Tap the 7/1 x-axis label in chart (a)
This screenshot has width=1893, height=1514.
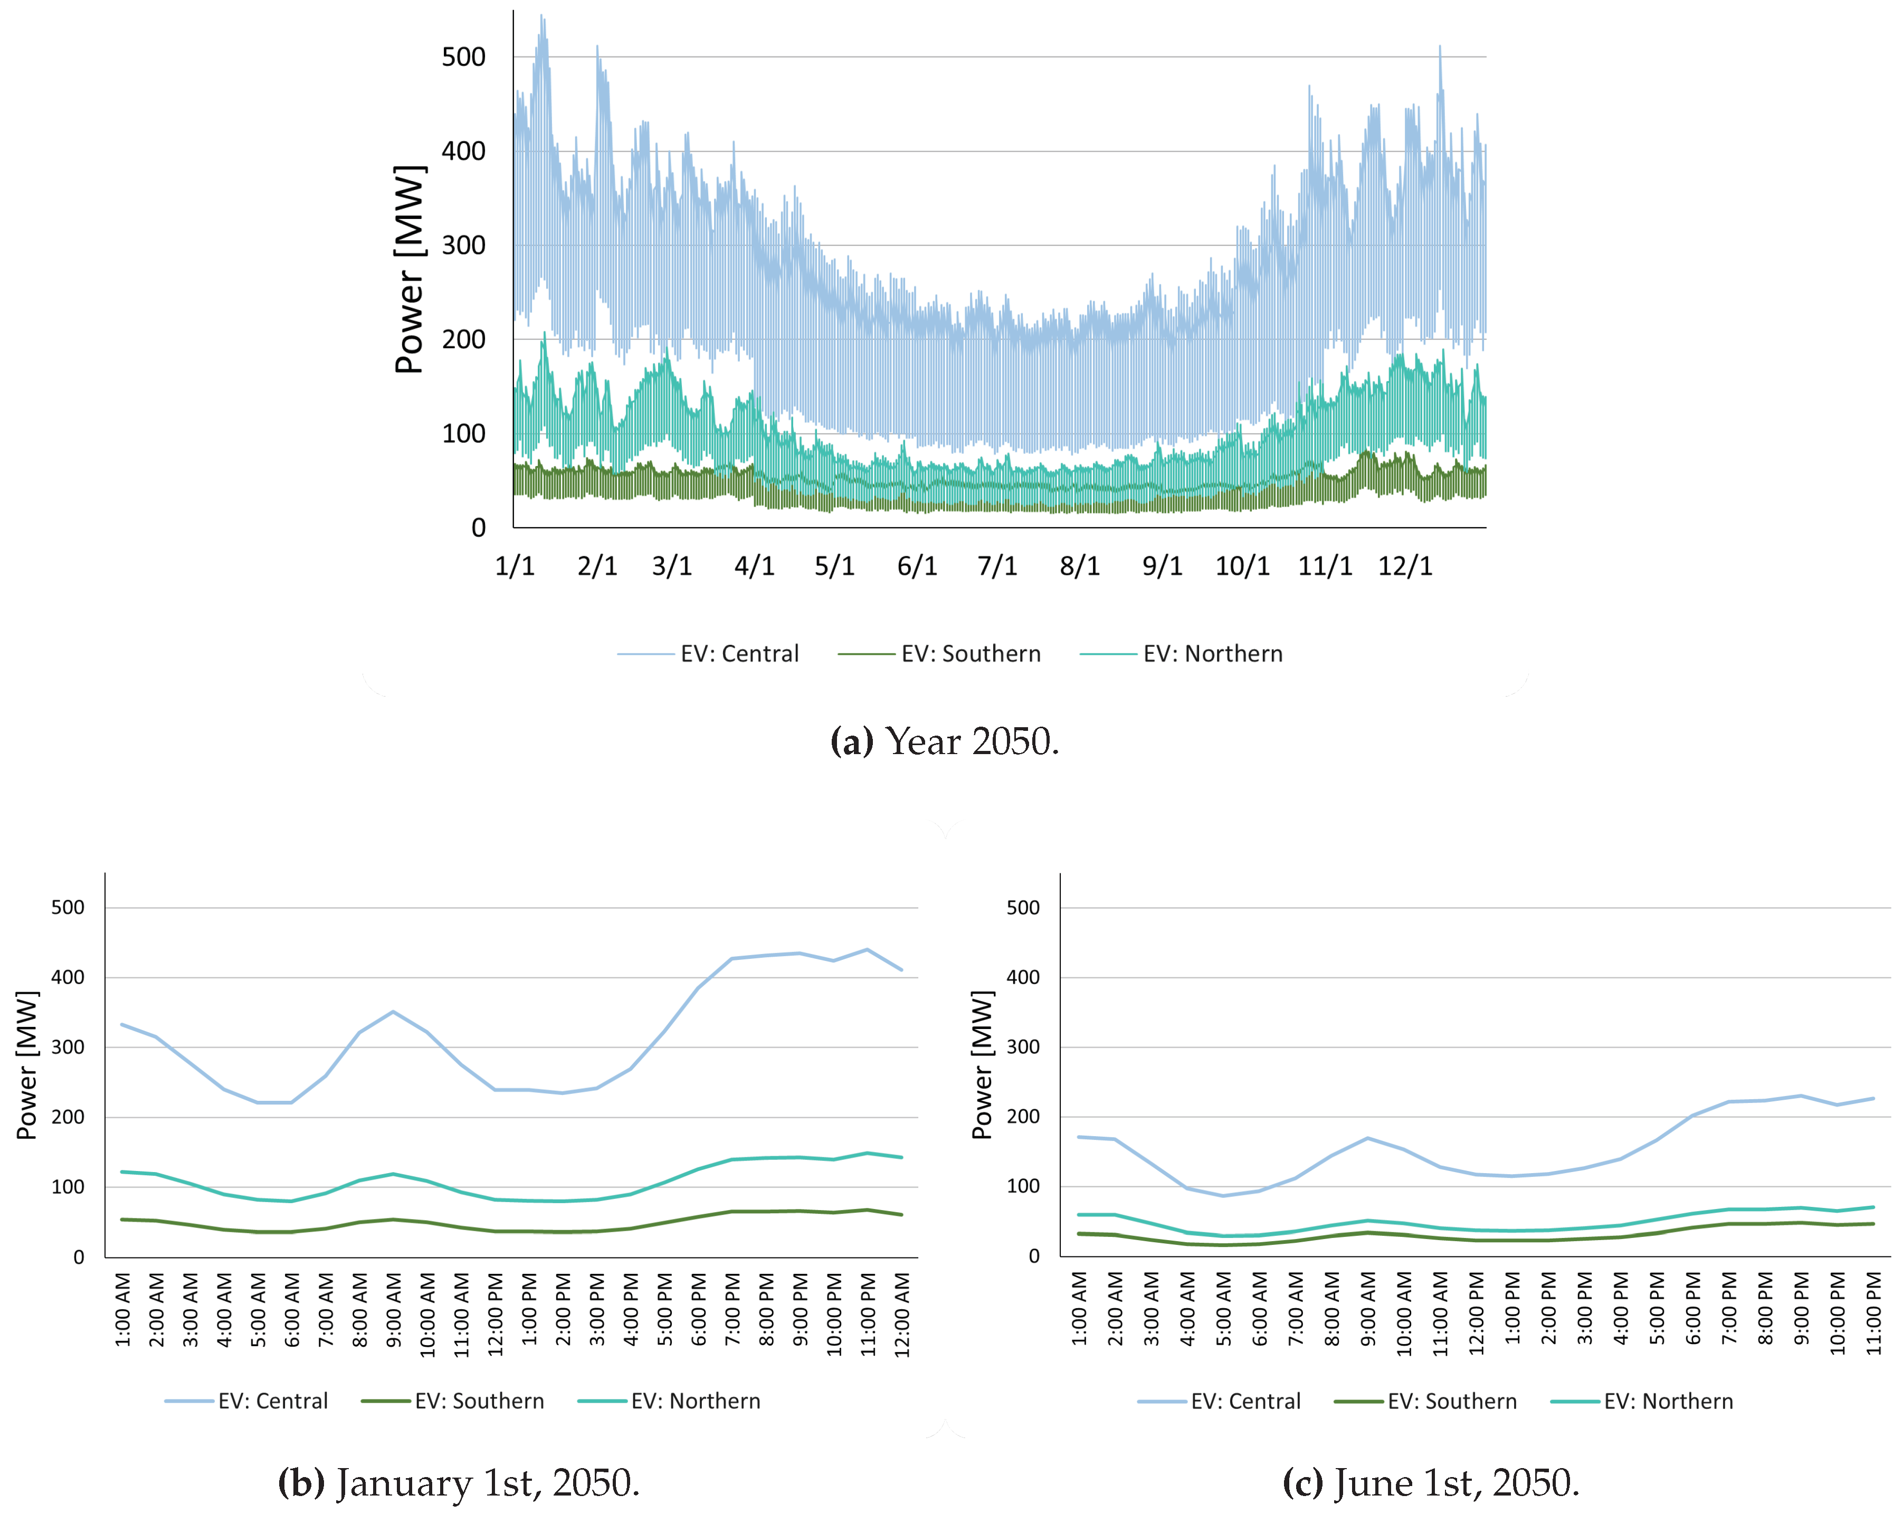click(997, 566)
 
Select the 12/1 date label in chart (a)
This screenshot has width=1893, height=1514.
click(1405, 566)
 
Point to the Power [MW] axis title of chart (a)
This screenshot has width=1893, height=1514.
click(409, 270)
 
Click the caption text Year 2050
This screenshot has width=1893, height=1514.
click(945, 742)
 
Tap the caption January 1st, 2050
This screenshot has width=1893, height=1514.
click(458, 1483)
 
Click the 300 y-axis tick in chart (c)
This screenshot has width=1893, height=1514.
click(1022, 1047)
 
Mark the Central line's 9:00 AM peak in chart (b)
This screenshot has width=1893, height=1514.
click(393, 1012)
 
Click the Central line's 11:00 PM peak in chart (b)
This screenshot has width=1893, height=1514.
click(868, 949)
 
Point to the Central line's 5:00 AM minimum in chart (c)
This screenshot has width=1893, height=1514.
click(1223, 1195)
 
